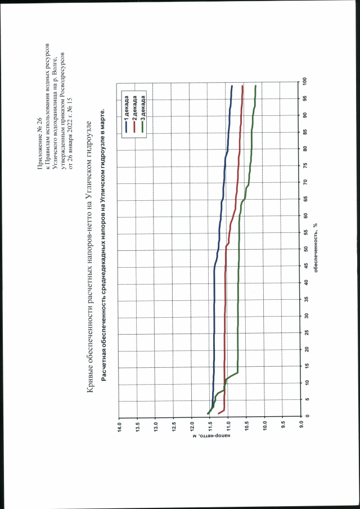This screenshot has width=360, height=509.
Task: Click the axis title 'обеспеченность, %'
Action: pyautogui.click(x=317, y=247)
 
